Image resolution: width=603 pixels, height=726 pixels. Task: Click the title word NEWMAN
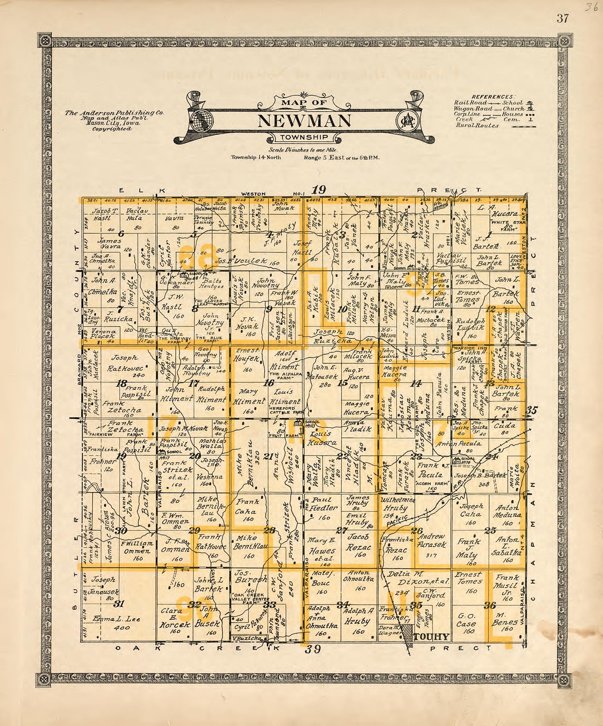click(x=304, y=120)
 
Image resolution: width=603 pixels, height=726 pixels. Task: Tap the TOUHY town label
click(x=431, y=636)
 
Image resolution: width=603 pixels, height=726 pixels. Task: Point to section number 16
click(x=268, y=384)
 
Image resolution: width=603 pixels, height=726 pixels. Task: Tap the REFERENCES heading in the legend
click(x=492, y=97)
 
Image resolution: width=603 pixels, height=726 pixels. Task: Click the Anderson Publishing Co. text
click(x=115, y=113)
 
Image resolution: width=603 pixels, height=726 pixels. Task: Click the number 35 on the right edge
click(x=531, y=410)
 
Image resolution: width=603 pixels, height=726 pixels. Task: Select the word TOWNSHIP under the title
click(x=304, y=138)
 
